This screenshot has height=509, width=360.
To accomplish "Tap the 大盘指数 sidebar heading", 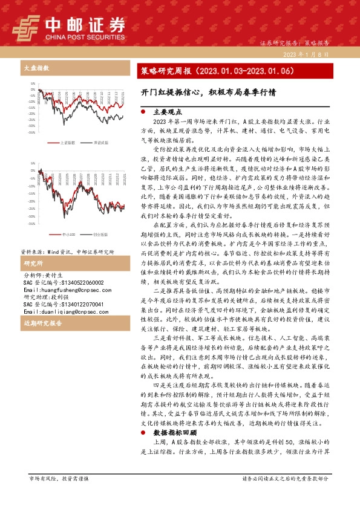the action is coord(35,69).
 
